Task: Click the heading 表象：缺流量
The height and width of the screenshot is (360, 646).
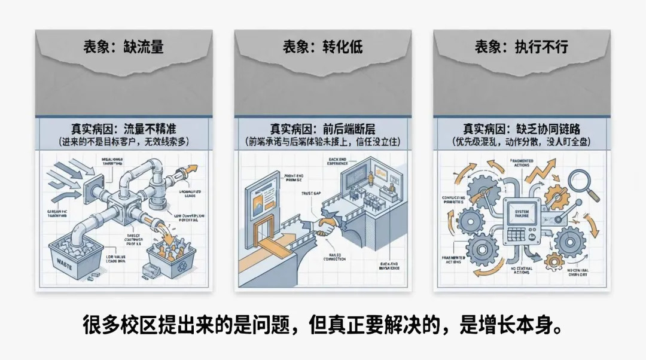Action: click(x=123, y=46)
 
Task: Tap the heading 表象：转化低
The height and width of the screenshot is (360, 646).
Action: click(x=322, y=46)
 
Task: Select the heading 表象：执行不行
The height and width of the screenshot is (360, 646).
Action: click(x=521, y=46)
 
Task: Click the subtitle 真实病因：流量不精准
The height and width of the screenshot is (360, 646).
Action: click(x=123, y=128)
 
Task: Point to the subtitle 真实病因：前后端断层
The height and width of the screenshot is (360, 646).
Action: click(x=322, y=128)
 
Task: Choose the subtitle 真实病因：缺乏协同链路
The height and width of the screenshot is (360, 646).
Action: click(x=522, y=128)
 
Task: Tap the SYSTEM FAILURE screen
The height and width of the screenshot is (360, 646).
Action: click(x=523, y=212)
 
